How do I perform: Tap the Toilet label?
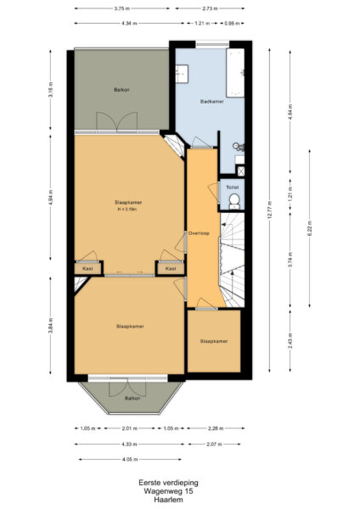(232, 187)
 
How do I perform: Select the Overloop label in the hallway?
(198, 230)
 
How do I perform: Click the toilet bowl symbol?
(233, 201)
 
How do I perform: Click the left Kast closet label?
(87, 269)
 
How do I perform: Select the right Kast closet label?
(171, 269)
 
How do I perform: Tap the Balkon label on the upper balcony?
(121, 89)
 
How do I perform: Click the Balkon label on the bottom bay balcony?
(132, 397)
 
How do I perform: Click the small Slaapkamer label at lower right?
(214, 341)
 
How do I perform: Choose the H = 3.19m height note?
(128, 210)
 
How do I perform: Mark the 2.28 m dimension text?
(217, 428)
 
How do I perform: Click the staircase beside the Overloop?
(234, 255)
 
